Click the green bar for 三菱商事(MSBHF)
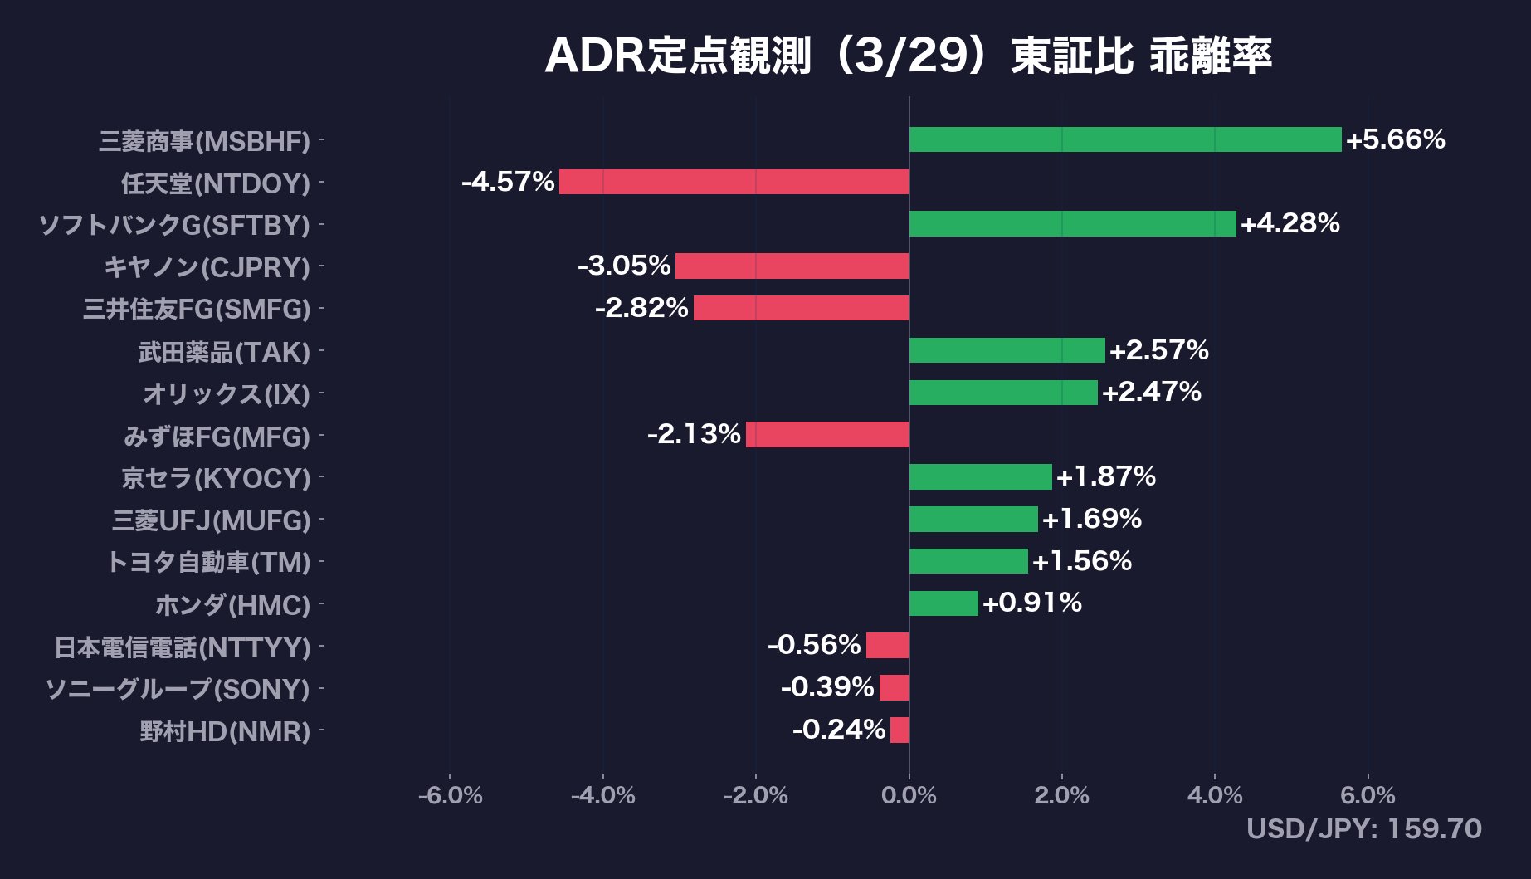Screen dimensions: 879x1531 tap(1124, 139)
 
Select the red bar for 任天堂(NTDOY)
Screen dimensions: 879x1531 tap(734, 182)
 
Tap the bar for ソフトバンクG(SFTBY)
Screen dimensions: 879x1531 tap(1072, 224)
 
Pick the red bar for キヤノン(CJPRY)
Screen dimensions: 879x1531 tap(792, 266)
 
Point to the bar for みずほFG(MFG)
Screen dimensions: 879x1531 tap(827, 434)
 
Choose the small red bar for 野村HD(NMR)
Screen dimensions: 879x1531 tap(900, 730)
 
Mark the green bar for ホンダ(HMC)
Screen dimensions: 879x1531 tap(943, 603)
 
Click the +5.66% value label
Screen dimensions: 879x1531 tap(1395, 139)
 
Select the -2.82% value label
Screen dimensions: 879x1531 tap(641, 308)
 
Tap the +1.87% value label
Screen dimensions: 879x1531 tap(1105, 476)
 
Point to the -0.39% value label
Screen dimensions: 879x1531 tap(827, 687)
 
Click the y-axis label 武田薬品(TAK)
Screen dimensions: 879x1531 tap(224, 352)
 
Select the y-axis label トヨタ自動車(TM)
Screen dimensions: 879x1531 tap(208, 563)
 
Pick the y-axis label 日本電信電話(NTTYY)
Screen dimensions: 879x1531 tap(183, 647)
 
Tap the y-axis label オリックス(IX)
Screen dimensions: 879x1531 tap(227, 394)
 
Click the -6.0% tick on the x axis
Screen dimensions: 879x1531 tap(450, 796)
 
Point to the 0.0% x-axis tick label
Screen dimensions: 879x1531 tap(909, 796)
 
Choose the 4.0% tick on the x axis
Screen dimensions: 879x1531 tap(1215, 796)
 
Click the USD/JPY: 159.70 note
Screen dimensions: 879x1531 tap(1363, 829)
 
